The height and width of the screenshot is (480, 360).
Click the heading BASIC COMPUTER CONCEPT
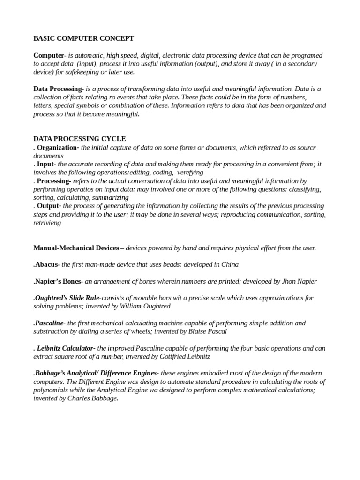click(x=83, y=38)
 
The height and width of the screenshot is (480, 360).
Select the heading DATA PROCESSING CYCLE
click(x=79, y=139)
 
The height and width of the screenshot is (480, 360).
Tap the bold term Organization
click(x=58, y=148)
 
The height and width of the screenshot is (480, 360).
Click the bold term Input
click(x=46, y=164)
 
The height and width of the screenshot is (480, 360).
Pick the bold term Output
click(x=49, y=206)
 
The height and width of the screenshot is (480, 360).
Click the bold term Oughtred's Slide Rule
click(x=67, y=298)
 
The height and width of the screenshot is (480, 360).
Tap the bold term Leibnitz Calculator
click(x=66, y=348)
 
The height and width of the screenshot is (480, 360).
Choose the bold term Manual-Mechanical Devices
click(x=75, y=248)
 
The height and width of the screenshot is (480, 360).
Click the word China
click(x=229, y=264)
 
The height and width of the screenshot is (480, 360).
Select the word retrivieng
click(x=47, y=223)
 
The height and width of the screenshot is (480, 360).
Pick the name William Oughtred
click(x=146, y=306)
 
